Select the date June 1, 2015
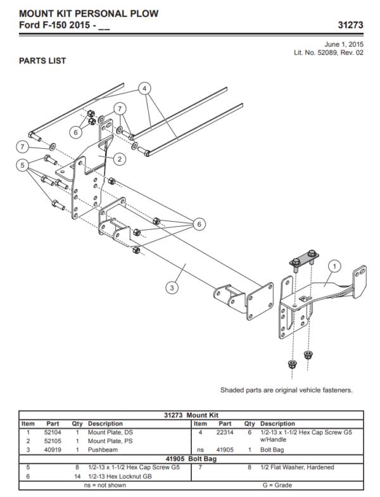pyautogui.click(x=344, y=44)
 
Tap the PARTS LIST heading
pyautogui.click(x=42, y=61)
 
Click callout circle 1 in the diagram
pyautogui.click(x=334, y=267)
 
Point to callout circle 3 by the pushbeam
pyautogui.click(x=171, y=287)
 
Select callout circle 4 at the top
pyautogui.click(x=145, y=88)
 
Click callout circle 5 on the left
pyautogui.click(x=23, y=167)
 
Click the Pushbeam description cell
pyautogui.click(x=103, y=450)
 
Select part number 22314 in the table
pyautogui.click(x=225, y=432)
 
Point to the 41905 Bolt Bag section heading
pyautogui.click(x=191, y=458)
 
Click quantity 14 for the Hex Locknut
pyautogui.click(x=77, y=476)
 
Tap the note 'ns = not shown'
pyautogui.click(x=104, y=485)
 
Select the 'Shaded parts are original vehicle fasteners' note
pyautogui.click(x=286, y=390)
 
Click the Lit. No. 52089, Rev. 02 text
pyautogui.click(x=328, y=53)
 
